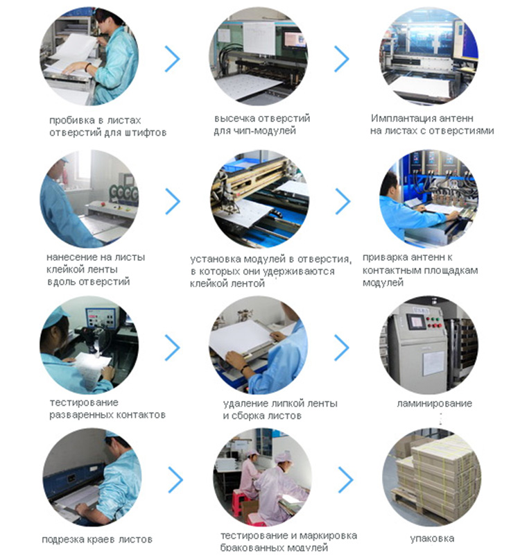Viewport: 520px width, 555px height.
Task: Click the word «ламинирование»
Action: (x=435, y=404)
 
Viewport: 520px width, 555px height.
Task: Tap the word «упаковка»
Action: (x=432, y=538)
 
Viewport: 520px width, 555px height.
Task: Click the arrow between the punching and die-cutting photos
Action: (x=173, y=59)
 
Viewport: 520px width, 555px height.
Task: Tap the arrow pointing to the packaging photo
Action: (x=346, y=480)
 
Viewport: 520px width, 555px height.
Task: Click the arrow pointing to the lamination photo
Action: (x=342, y=348)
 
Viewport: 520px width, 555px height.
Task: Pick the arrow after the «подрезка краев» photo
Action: (x=175, y=480)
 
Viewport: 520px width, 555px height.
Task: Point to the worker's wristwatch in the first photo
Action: (x=87, y=67)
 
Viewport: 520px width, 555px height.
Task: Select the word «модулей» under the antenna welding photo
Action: (x=383, y=283)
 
